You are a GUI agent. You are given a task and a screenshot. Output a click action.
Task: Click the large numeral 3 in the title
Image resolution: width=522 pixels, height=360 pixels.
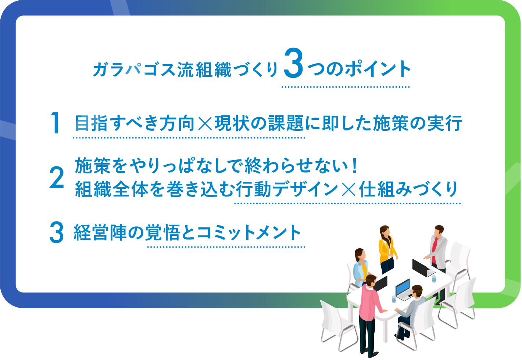[x=293, y=63]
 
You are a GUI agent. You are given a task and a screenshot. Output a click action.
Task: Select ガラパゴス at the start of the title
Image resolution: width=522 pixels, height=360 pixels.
[x=134, y=69]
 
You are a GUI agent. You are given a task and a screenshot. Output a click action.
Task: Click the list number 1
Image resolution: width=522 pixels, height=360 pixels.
[x=56, y=123]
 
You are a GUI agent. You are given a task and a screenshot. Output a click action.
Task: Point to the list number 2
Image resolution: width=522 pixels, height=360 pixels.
[x=57, y=177]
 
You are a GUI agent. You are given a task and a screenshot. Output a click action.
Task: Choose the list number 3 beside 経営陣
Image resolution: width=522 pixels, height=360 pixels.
[x=56, y=232]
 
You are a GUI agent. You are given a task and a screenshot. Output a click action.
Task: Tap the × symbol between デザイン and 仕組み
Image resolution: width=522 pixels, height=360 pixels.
[x=348, y=189]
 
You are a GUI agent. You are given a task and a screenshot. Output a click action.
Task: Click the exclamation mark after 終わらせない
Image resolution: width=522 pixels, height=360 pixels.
[x=355, y=166]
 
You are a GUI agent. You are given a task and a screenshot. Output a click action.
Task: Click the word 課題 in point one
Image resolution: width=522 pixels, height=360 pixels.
[x=286, y=123]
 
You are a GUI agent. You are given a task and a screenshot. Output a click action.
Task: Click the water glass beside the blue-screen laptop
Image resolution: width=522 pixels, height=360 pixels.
[x=394, y=299]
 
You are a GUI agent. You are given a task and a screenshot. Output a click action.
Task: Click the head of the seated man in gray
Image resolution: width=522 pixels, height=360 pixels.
[x=417, y=291]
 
